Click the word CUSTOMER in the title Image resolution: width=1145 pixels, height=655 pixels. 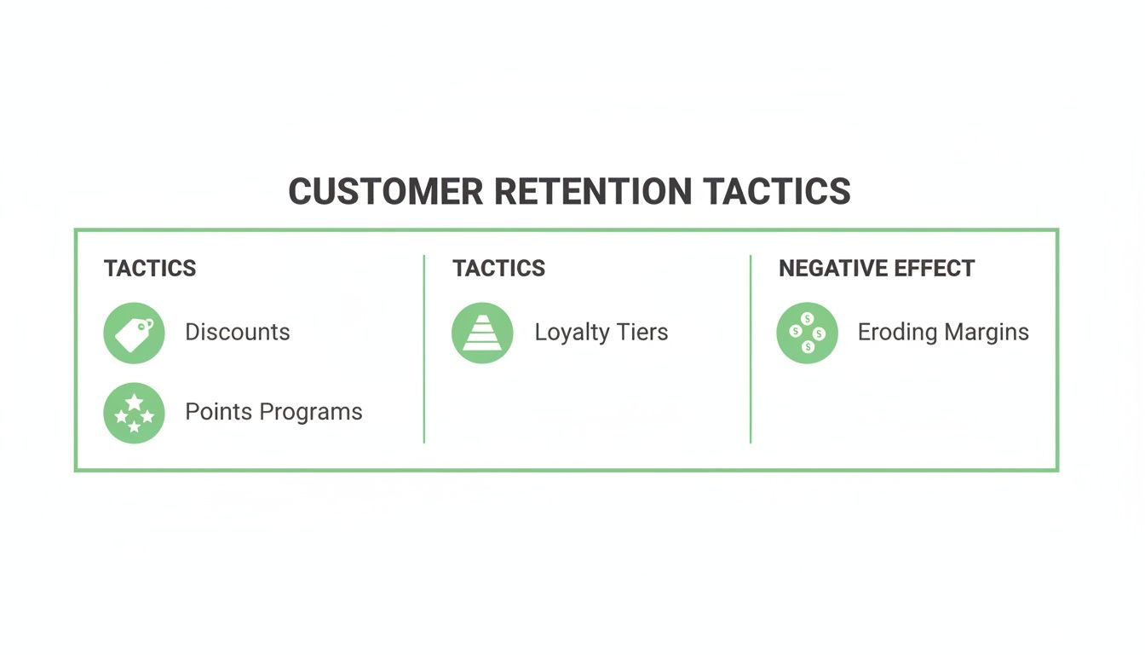point(386,191)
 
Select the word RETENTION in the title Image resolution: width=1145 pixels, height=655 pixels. point(593,191)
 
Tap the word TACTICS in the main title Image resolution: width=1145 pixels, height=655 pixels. point(777,191)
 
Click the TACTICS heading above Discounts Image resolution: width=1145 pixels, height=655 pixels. point(150,269)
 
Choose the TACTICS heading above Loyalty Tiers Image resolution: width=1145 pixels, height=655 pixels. point(498,269)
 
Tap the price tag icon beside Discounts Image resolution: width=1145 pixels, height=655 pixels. point(134,333)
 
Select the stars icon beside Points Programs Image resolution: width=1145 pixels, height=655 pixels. point(134,413)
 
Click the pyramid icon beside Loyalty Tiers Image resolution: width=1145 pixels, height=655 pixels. point(482,333)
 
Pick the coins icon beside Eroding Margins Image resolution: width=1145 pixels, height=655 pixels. point(807,333)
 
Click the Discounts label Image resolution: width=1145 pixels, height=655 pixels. point(238,333)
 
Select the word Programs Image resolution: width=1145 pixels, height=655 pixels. point(311,413)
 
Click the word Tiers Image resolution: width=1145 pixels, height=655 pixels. point(644,333)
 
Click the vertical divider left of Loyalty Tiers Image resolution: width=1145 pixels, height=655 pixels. point(424,350)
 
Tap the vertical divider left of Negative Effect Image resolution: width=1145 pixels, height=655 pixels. point(751,350)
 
